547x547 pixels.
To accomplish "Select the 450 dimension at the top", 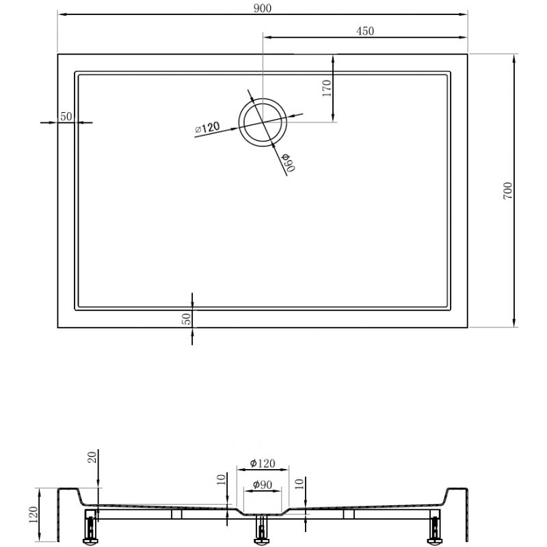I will click(x=364, y=31).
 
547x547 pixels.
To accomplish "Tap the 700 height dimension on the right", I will click(x=507, y=191).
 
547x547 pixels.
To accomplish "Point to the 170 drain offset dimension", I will click(x=327, y=89).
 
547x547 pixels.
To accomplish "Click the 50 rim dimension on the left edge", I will click(x=66, y=116).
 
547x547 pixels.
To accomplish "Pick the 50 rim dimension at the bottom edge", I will click(x=187, y=318).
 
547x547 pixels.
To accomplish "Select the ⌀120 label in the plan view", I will click(x=207, y=127).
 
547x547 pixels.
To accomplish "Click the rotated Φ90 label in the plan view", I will click(x=286, y=162).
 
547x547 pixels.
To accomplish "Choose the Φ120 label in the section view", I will click(x=263, y=463).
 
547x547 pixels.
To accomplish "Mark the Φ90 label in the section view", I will click(x=263, y=485).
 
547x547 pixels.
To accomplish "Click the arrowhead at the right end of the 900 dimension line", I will click(x=464, y=12).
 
